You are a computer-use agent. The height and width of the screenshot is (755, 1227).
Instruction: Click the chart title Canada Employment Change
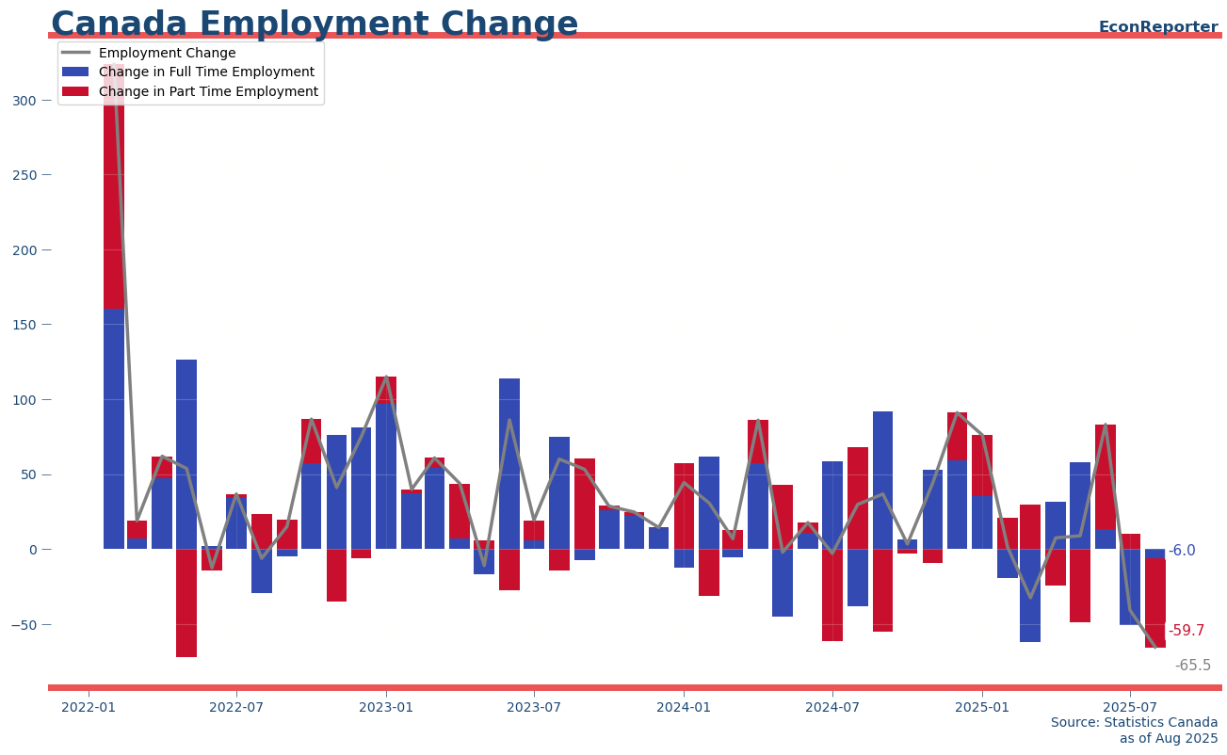[x=315, y=24]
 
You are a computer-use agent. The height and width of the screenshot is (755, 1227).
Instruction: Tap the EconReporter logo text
[x=1157, y=27]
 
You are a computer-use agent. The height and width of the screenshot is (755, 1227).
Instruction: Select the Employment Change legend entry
[x=167, y=53]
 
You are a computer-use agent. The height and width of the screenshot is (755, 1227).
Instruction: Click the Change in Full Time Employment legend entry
[x=206, y=72]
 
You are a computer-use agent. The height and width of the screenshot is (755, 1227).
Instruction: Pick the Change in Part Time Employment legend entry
[x=208, y=92]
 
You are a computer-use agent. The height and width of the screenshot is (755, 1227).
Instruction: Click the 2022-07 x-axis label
[x=236, y=707]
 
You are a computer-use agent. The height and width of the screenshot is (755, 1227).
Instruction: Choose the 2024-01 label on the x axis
[x=684, y=707]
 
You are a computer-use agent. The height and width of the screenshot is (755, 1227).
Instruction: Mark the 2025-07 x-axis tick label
[x=1130, y=707]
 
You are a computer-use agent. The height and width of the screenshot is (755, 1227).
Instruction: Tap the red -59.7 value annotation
[x=1186, y=631]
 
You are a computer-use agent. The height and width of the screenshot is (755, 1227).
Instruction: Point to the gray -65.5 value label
[x=1192, y=666]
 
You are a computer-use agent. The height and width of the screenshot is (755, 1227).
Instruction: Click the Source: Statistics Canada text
[x=1134, y=723]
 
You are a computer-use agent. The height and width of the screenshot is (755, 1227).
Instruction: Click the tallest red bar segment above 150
[x=113, y=188]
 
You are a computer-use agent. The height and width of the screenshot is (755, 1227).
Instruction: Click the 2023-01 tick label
[x=386, y=707]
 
